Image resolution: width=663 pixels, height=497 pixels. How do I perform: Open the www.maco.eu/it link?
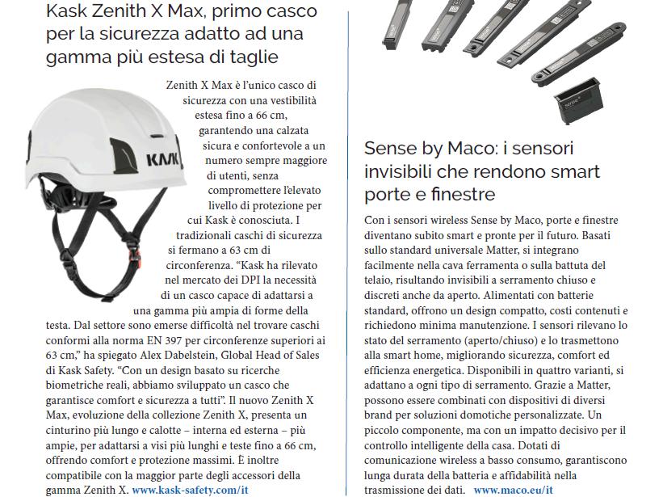coord(513,490)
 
